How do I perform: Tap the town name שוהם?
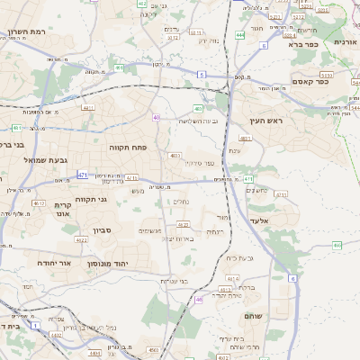(x=252, y=315)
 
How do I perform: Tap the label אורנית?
(x=346, y=42)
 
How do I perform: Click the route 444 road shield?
(x=239, y=34)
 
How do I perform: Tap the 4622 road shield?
(x=81, y=240)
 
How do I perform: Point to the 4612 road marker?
(x=39, y=203)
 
